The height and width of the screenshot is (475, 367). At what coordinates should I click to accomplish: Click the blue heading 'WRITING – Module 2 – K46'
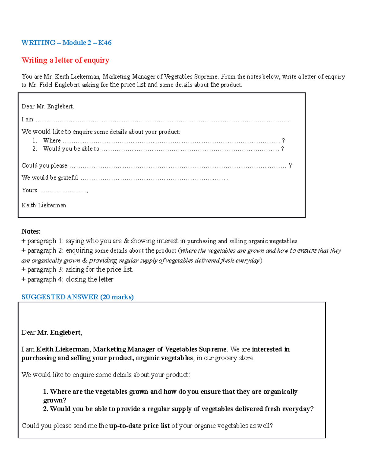66,43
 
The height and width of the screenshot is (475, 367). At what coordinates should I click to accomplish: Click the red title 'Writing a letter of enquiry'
65,60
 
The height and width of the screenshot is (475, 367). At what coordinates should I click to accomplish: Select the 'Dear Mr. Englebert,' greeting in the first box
48,106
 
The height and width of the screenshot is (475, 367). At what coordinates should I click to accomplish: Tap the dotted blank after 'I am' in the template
161,120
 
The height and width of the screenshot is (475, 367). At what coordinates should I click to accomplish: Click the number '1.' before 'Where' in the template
35,141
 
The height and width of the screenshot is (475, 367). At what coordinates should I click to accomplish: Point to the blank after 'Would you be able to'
190,149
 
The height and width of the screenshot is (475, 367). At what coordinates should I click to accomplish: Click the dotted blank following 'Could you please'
177,166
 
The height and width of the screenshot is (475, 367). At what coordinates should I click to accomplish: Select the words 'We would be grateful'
50,178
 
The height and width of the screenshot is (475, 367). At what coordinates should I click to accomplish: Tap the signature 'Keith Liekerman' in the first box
44,205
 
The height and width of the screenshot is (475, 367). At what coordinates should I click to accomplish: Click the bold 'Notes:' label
31,231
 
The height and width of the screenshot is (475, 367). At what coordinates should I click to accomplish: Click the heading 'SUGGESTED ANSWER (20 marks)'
77,297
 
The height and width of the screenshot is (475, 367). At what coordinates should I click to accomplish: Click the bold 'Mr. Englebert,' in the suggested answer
59,332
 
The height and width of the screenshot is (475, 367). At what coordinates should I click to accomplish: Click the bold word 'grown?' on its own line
55,400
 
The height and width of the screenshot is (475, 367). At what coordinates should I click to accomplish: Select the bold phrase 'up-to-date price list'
139,426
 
